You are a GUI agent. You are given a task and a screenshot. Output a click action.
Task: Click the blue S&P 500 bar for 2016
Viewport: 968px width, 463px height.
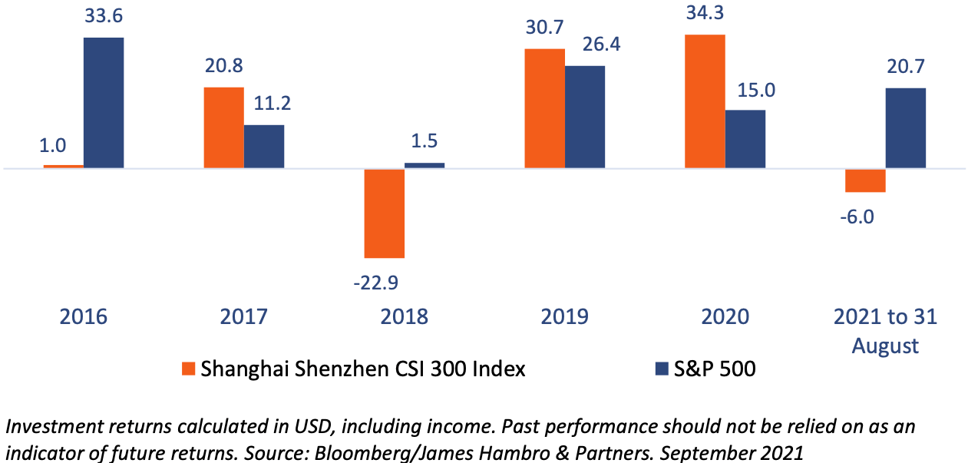pyautogui.click(x=104, y=102)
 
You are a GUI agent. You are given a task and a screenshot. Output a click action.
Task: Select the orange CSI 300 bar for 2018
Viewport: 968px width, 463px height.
pyautogui.click(x=384, y=213)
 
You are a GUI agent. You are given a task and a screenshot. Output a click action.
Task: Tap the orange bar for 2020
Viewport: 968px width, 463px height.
pyautogui.click(x=705, y=101)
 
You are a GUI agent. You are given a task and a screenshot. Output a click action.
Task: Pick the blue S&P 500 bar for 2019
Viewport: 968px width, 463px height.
pyautogui.click(x=585, y=117)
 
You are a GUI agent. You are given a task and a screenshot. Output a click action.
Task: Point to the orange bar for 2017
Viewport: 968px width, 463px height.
pyautogui.click(x=223, y=127)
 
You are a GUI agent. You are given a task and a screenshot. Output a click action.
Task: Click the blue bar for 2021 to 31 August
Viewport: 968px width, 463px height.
pyautogui.click(x=905, y=127)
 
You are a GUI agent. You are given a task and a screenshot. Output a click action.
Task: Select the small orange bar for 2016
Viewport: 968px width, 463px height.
pyautogui.click(x=63, y=166)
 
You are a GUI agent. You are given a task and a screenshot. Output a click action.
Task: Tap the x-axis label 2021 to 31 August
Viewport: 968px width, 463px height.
pyautogui.click(x=885, y=331)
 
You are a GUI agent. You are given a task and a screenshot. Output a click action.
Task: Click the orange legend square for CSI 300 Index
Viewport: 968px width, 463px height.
pyautogui.click(x=188, y=369)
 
